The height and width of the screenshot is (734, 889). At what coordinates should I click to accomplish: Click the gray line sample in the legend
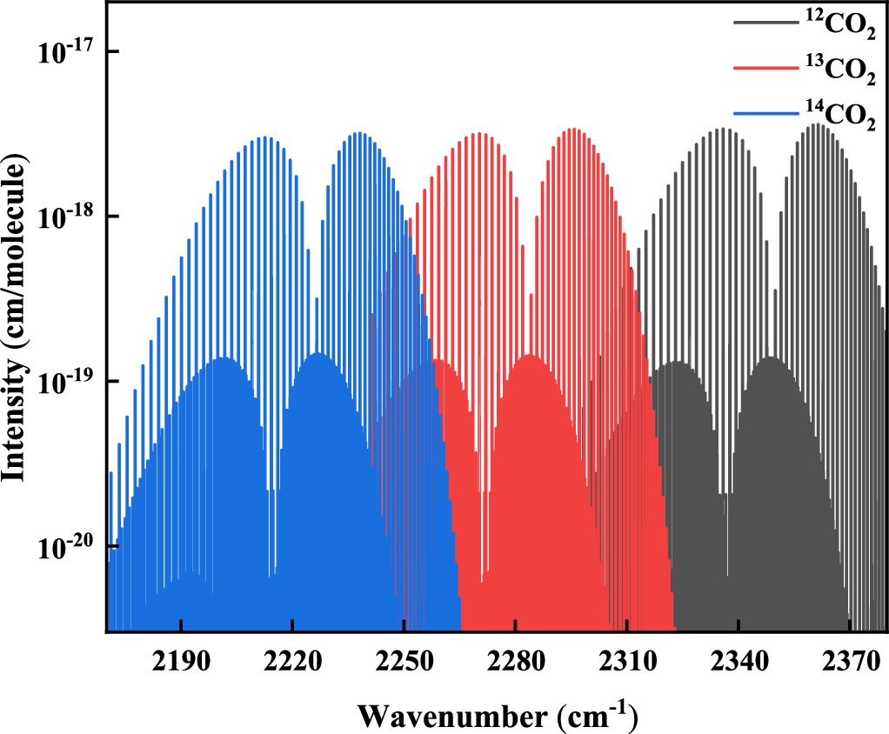pos(764,23)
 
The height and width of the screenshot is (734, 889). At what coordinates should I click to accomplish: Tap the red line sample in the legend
pos(764,68)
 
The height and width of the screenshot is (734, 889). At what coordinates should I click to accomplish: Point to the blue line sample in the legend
pos(764,112)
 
